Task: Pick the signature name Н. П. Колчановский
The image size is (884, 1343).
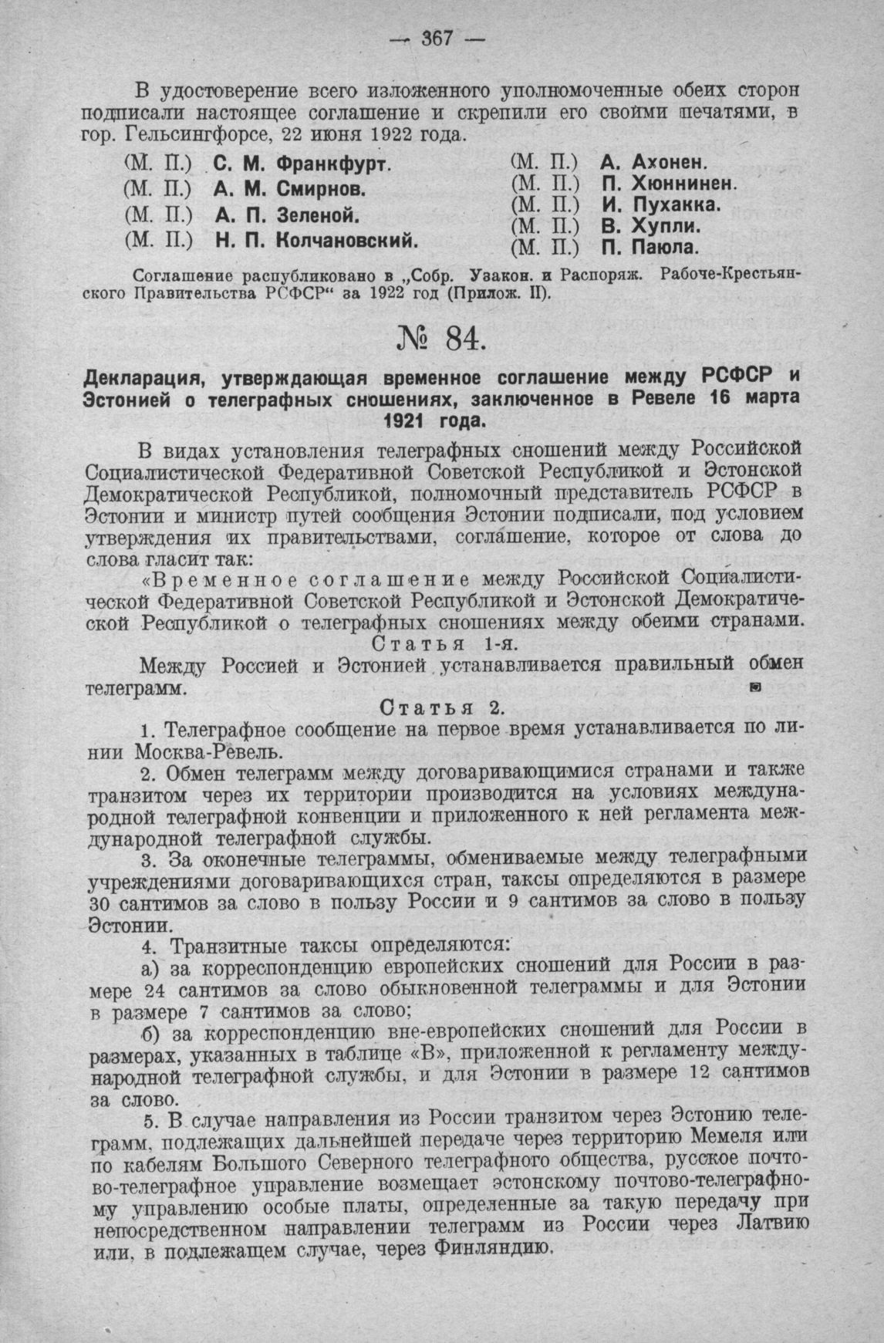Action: [315, 240]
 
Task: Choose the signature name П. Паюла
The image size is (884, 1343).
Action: [650, 248]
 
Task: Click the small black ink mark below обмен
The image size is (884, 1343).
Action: [756, 686]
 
